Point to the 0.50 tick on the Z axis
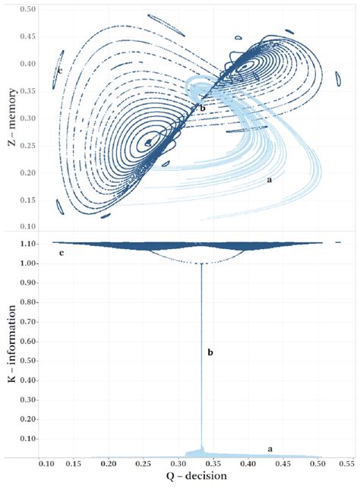tap(27, 9)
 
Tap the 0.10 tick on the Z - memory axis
tap(27, 227)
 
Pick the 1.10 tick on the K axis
tap(27, 244)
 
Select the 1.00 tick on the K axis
tap(27, 263)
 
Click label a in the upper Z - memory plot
tap(269, 180)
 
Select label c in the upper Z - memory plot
tap(58, 71)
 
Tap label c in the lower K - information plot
tap(60, 251)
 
